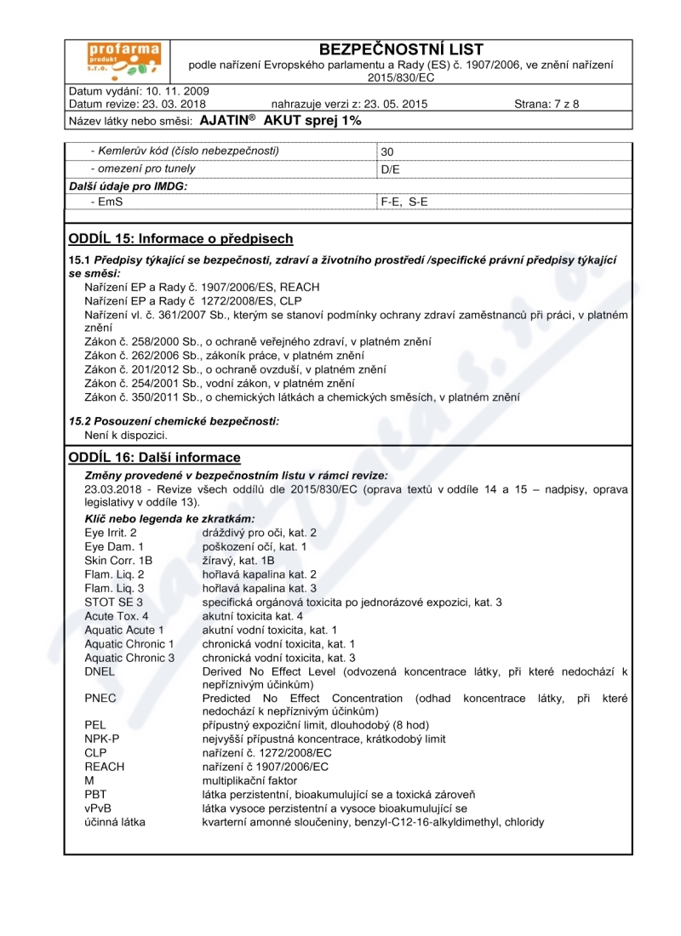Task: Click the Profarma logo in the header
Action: [x=117, y=60]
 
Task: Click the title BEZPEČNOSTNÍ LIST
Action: [x=400, y=50]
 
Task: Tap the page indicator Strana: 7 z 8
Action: [x=547, y=105]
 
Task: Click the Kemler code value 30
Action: [x=387, y=152]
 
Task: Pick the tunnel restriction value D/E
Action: [x=391, y=168]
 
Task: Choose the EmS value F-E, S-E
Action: [x=404, y=203]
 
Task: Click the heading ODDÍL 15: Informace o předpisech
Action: [x=180, y=238]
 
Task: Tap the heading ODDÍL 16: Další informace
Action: [x=154, y=458]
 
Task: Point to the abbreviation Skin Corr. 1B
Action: [x=118, y=561]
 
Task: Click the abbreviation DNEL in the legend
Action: [x=100, y=671]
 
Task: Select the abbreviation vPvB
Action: [x=99, y=808]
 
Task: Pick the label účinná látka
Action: [x=115, y=822]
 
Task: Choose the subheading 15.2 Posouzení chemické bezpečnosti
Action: [x=174, y=421]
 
